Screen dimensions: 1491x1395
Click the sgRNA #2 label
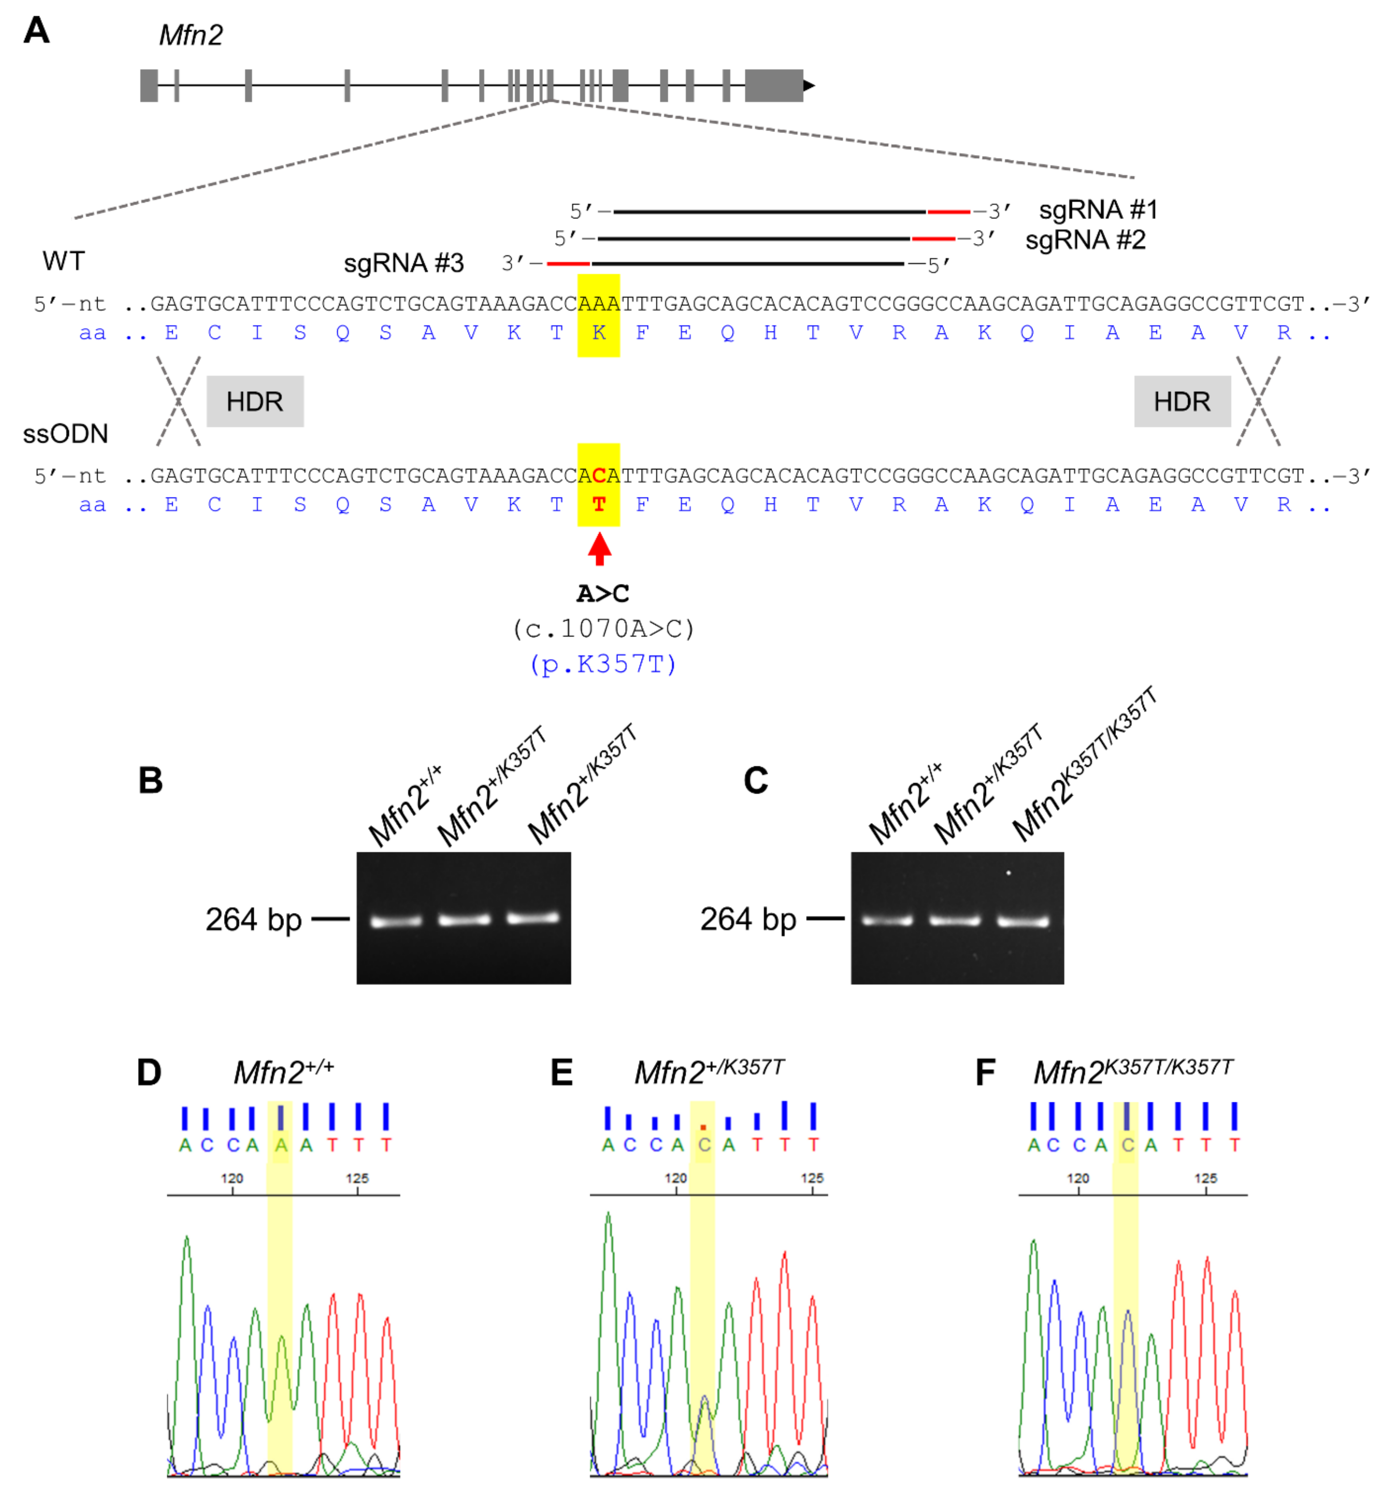click(1085, 240)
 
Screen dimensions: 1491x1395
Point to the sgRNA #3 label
click(404, 263)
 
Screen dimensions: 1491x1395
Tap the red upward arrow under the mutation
click(599, 548)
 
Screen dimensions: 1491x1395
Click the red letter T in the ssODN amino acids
click(599, 505)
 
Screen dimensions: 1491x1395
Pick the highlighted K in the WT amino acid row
click(599, 333)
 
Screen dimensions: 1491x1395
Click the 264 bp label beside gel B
click(254, 919)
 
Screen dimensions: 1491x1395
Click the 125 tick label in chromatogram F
click(1205, 1178)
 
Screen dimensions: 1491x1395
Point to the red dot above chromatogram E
click(703, 1126)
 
